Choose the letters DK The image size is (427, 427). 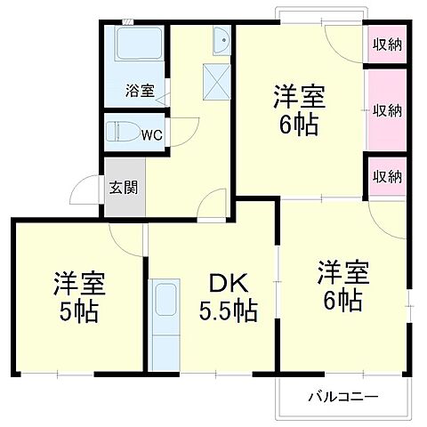tap(230, 284)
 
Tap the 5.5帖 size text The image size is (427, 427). tap(230, 311)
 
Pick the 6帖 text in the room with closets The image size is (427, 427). tap(297, 125)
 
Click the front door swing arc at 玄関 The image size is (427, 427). tap(86, 189)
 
